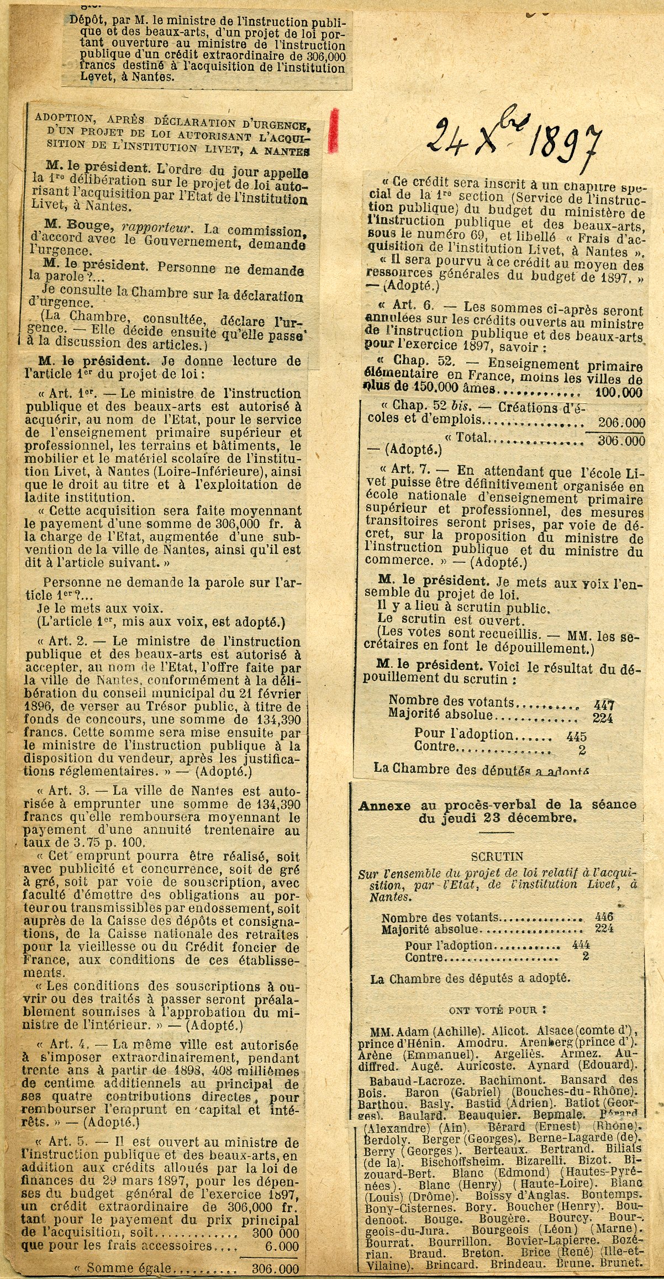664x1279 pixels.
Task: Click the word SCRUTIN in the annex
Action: (x=497, y=856)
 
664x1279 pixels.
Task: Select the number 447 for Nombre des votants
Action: (x=603, y=705)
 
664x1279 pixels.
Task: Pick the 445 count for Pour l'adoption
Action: (x=576, y=736)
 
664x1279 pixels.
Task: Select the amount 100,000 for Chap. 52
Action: (x=619, y=393)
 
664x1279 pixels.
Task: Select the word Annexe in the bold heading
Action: (x=387, y=805)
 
